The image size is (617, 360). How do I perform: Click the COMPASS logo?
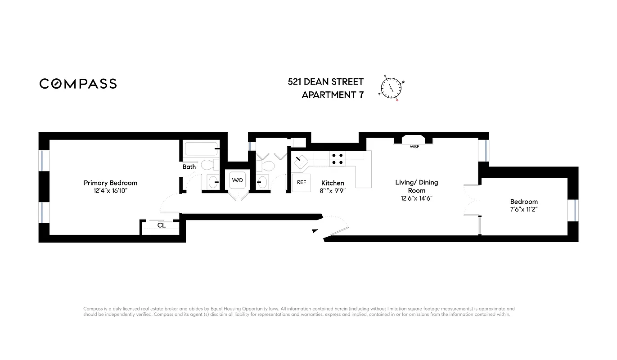point(78,84)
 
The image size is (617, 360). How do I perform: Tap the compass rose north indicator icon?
point(392,88)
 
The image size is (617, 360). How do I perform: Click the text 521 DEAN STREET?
point(325,82)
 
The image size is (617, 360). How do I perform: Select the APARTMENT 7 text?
point(332,95)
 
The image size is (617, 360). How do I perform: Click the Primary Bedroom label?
point(110,183)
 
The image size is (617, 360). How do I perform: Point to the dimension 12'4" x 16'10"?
point(110,191)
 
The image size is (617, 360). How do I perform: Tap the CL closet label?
point(161,225)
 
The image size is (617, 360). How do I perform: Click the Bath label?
point(189,167)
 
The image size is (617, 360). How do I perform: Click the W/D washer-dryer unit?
point(237,180)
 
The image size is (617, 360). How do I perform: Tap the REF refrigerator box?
point(302,183)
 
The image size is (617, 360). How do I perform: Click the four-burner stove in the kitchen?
point(338,158)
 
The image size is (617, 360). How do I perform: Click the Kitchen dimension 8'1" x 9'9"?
point(333,191)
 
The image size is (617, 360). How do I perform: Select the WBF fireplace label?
point(414,147)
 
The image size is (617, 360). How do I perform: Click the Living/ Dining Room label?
point(416,186)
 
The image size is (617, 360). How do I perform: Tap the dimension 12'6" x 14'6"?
point(416,198)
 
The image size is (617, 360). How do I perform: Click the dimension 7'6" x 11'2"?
point(523,210)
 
